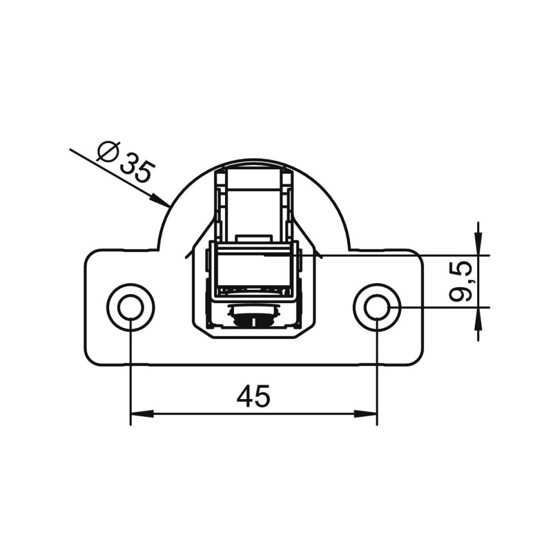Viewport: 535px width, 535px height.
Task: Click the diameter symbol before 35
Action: [x=108, y=152]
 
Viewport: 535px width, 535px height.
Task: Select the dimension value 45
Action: [x=254, y=396]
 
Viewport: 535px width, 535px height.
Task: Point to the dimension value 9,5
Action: [x=461, y=282]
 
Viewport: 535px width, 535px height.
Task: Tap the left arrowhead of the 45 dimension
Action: [x=142, y=414]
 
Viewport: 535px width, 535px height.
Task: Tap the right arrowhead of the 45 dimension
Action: [x=365, y=414]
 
